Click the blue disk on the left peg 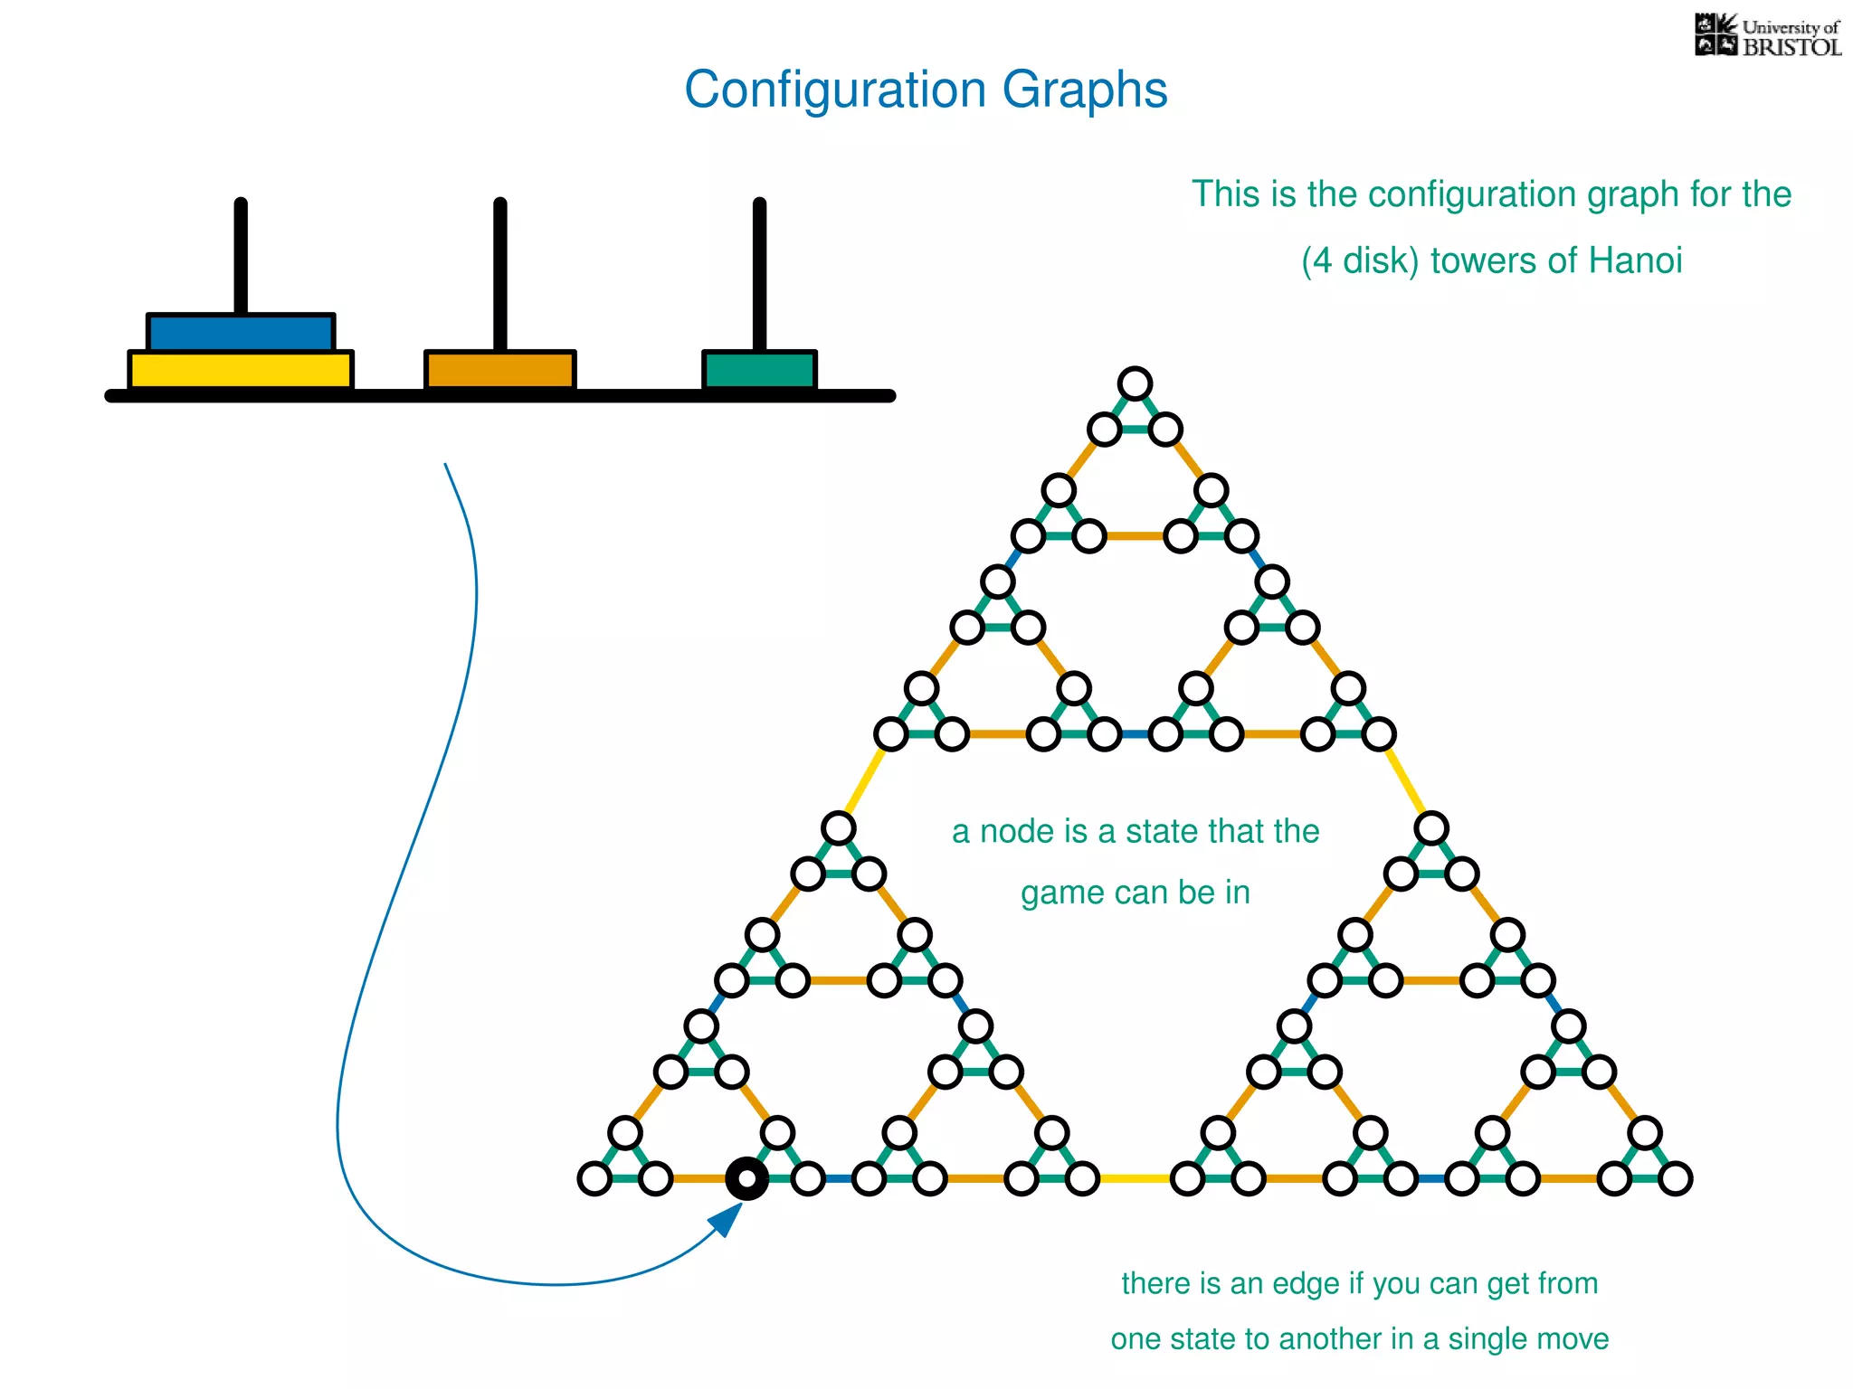coord(241,332)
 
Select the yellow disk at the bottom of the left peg coord(241,370)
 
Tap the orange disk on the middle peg coord(500,370)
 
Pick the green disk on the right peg coord(760,370)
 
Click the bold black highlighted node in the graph coord(747,1178)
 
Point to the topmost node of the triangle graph coord(1135,383)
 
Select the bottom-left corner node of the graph coord(594,1178)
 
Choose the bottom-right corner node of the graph coord(1675,1178)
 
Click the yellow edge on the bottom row coord(1135,1178)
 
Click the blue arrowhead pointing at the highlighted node coord(727,1219)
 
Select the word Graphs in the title coord(1084,90)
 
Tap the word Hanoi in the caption coord(1635,261)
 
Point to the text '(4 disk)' coord(1360,261)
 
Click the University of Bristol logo coord(1767,36)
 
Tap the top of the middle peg coord(500,204)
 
